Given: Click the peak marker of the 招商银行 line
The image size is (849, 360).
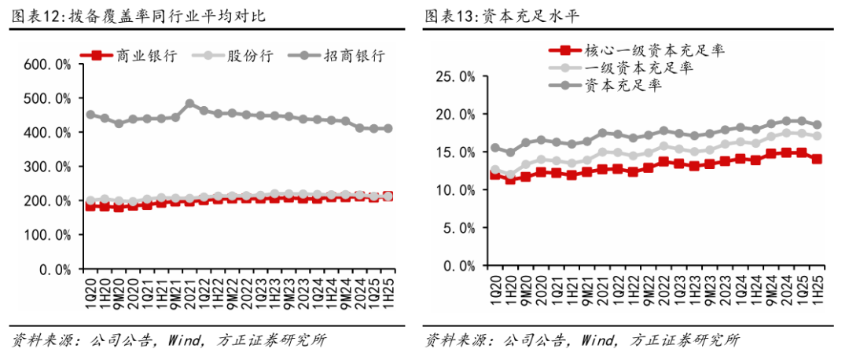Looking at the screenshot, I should click(x=189, y=104).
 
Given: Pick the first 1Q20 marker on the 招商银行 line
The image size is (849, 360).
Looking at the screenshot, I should click(x=90, y=115).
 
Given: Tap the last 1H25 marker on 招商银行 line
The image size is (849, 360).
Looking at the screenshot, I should click(x=388, y=129).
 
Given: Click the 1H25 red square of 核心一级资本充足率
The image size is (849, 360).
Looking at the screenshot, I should click(x=817, y=159).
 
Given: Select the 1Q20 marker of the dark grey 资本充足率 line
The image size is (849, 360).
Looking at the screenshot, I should click(x=495, y=148).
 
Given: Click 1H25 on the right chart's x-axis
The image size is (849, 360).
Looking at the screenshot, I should click(x=818, y=286).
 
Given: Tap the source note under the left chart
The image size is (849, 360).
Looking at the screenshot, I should click(x=168, y=341).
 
